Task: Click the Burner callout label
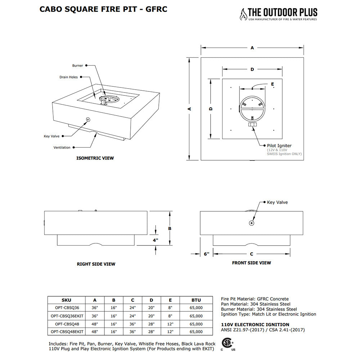point(77,66)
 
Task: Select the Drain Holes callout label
point(68,77)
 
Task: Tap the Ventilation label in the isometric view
point(62,148)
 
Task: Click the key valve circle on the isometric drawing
point(88,119)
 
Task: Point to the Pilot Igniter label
point(279,145)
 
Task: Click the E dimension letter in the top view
point(273,84)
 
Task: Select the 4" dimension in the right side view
point(155,240)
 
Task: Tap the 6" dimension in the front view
point(206,254)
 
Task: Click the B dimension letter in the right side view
point(169,228)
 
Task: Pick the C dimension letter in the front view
point(252,254)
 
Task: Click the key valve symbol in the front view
point(251,223)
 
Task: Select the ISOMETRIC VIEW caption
point(95,158)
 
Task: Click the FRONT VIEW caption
point(251,263)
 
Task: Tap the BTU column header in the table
point(196,300)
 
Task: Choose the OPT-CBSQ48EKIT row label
point(67,332)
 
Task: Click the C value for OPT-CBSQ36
point(132,308)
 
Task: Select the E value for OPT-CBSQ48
point(170,324)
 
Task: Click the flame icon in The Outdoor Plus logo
point(243,15)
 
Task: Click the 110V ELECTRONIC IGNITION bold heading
point(255,325)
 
